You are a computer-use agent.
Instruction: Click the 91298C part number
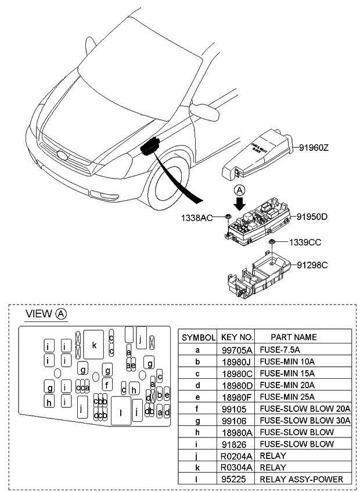coord(312,265)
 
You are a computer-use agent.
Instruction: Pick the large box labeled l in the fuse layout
coord(120,412)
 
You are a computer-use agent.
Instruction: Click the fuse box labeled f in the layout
coord(107,384)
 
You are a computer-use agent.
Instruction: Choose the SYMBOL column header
coord(199,337)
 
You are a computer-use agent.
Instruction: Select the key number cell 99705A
coord(237,350)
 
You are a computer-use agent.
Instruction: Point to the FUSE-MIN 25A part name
coord(287,397)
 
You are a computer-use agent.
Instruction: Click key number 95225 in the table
coord(237,479)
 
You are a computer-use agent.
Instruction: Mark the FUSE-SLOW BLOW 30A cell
coord(305,420)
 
